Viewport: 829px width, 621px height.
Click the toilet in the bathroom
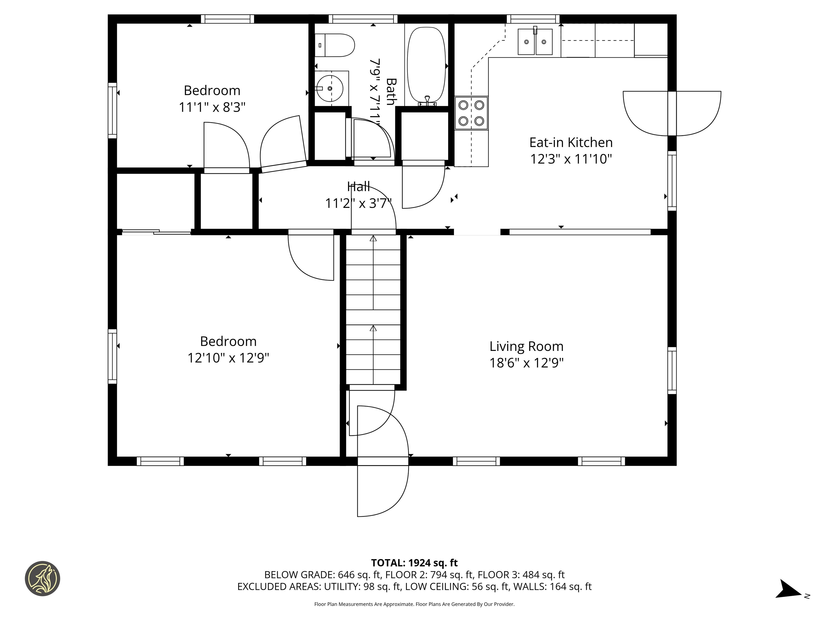coord(334,45)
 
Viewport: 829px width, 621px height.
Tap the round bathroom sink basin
coord(329,88)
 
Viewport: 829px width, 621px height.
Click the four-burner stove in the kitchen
coord(471,113)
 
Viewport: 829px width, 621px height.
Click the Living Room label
coord(526,346)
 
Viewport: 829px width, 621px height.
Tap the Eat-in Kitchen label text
coord(571,143)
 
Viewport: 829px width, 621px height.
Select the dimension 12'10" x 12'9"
coord(228,358)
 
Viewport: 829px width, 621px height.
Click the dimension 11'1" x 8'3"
coord(212,108)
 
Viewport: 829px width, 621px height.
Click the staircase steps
coord(373,310)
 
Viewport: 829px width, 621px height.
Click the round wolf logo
coord(42,578)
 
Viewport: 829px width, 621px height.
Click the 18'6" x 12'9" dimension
coord(526,363)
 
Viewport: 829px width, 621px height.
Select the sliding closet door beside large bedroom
coord(156,232)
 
